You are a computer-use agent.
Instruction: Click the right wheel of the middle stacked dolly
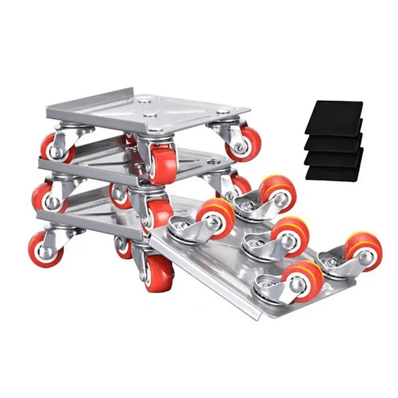click(241, 185)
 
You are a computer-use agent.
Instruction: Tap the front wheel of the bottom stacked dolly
click(157, 272)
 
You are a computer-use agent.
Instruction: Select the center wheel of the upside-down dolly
click(290, 235)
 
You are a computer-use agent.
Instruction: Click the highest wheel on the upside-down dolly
click(277, 192)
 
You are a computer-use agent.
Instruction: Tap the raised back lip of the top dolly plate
click(104, 97)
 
